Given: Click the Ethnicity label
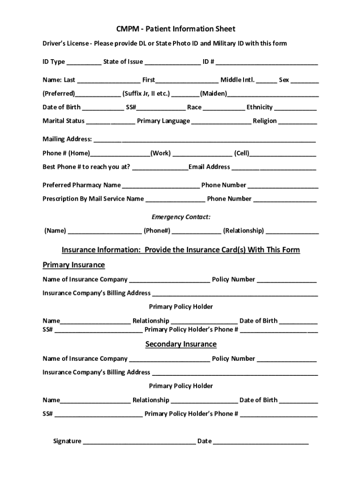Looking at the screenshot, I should [260, 107].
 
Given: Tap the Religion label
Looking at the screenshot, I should [265, 121].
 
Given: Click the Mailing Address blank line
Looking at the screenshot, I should [205, 140].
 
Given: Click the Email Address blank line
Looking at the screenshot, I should [274, 168].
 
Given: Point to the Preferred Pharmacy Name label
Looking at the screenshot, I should [82, 185].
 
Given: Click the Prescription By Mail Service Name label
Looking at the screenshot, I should [93, 199].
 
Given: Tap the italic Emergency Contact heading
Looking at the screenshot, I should [181, 217].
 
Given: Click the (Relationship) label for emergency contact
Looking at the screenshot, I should [244, 231].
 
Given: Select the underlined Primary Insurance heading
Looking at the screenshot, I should [74, 265].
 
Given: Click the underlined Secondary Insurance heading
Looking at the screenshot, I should [181, 344].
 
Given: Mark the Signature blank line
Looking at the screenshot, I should [139, 442].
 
